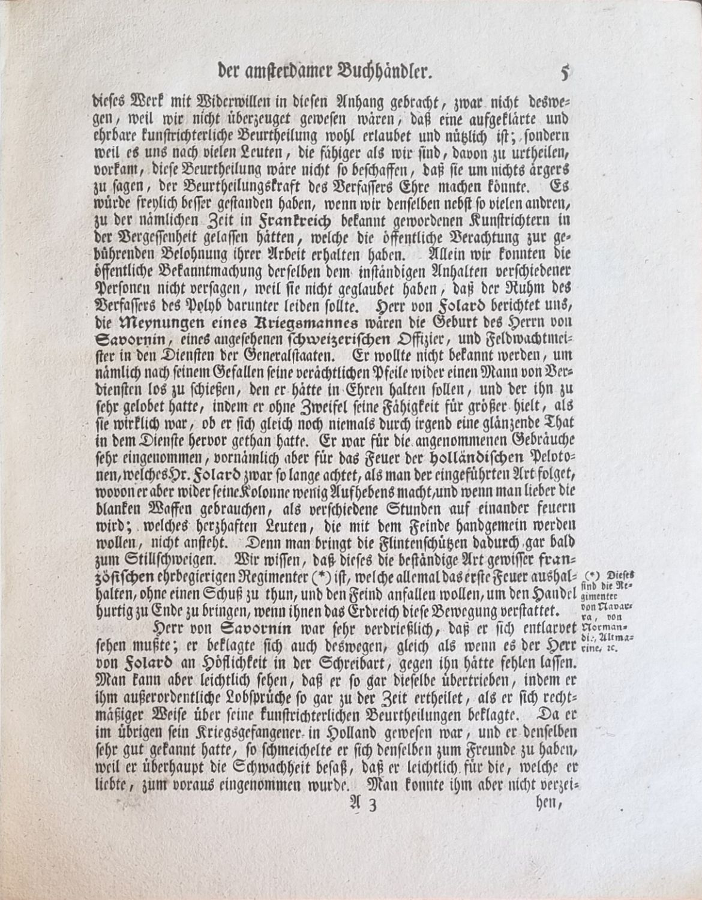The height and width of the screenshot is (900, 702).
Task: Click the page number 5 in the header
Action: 564,73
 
